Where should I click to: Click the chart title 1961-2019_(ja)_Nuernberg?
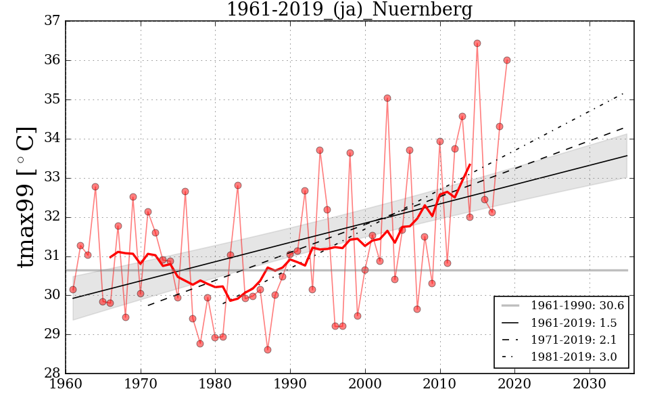[x=349, y=9]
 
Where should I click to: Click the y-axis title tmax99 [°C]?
[x=26, y=197]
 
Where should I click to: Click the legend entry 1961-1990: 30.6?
[x=577, y=306]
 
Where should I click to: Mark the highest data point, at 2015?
[x=477, y=43]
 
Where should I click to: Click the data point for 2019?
[x=507, y=60]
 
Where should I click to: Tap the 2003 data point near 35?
[x=387, y=98]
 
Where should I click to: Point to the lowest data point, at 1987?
[x=268, y=350]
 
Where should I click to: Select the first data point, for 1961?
[x=73, y=290]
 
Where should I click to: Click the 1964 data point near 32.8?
[x=95, y=187]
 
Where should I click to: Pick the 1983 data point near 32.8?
[x=238, y=185]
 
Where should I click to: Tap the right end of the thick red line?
[x=470, y=164]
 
